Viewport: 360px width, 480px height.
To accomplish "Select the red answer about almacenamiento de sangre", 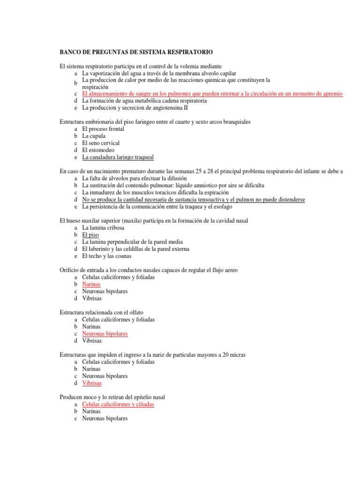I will [x=212, y=94].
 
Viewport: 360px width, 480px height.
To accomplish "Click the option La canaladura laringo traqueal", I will [x=118, y=157].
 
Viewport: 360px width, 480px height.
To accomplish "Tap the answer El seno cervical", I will [x=101, y=143].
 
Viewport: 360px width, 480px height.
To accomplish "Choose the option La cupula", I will [x=94, y=136].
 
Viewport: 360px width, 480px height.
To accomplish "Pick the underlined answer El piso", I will [x=90, y=235].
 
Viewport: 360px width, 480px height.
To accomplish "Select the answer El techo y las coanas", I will [x=106, y=256].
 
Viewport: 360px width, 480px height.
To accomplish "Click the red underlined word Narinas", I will [x=91, y=284].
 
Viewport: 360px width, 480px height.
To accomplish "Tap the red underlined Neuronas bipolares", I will [x=105, y=334].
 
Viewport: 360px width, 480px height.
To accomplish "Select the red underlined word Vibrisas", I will [x=92, y=383].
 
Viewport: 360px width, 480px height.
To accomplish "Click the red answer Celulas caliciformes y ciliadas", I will [x=118, y=404].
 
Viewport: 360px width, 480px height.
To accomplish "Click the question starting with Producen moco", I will [x=112, y=397].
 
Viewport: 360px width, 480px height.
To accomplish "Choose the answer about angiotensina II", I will [x=135, y=108].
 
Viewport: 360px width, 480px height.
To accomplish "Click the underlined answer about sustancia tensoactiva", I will [x=193, y=200].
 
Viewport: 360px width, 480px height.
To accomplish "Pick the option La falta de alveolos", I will [x=134, y=179].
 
